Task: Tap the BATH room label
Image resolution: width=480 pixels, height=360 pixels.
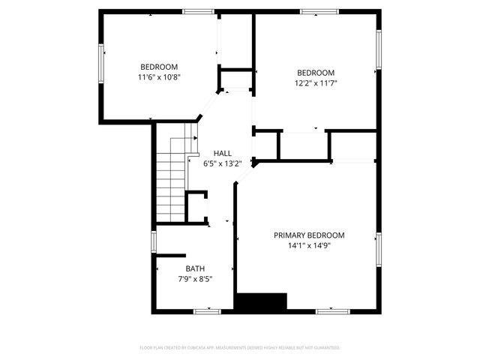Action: point(195,268)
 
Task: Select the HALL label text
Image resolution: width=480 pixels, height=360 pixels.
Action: point(223,152)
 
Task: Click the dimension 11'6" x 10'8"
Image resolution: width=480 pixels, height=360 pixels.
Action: point(159,76)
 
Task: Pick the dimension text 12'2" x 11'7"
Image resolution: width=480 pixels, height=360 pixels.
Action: point(316,82)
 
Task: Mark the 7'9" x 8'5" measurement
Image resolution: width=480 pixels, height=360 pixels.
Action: point(195,279)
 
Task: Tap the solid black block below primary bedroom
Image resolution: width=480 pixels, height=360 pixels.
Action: point(261,301)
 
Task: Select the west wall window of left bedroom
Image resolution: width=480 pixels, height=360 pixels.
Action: point(101,63)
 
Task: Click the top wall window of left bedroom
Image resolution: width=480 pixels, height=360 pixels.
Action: point(197,11)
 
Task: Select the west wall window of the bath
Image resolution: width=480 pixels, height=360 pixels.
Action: point(154,241)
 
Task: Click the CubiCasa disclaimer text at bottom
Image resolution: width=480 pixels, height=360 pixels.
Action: point(240,347)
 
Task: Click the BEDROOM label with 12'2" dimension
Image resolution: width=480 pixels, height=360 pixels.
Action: point(316,73)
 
